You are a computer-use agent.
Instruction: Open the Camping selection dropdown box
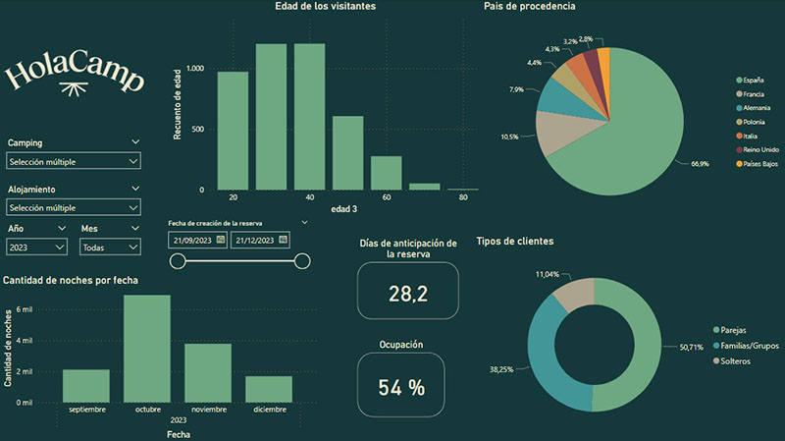pyautogui.click(x=74, y=161)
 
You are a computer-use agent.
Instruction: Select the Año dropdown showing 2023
pyautogui.click(x=36, y=248)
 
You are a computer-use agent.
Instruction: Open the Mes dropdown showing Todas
pyautogui.click(x=110, y=248)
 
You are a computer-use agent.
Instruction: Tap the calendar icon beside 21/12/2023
pyautogui.click(x=283, y=240)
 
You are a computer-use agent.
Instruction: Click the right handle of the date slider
pyautogui.click(x=302, y=261)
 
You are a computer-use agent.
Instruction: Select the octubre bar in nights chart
pyautogui.click(x=147, y=349)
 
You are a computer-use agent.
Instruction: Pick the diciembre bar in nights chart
pyautogui.click(x=269, y=389)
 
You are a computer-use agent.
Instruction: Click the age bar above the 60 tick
pyautogui.click(x=386, y=173)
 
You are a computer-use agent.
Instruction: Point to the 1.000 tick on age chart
pyautogui.click(x=195, y=69)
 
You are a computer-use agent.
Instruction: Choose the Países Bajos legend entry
pyautogui.click(x=757, y=164)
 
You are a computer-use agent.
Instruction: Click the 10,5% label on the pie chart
pyautogui.click(x=509, y=137)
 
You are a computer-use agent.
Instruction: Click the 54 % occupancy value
pyautogui.click(x=401, y=387)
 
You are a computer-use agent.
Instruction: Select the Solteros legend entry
pyautogui.click(x=731, y=361)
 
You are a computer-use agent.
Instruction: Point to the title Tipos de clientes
pyautogui.click(x=515, y=241)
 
